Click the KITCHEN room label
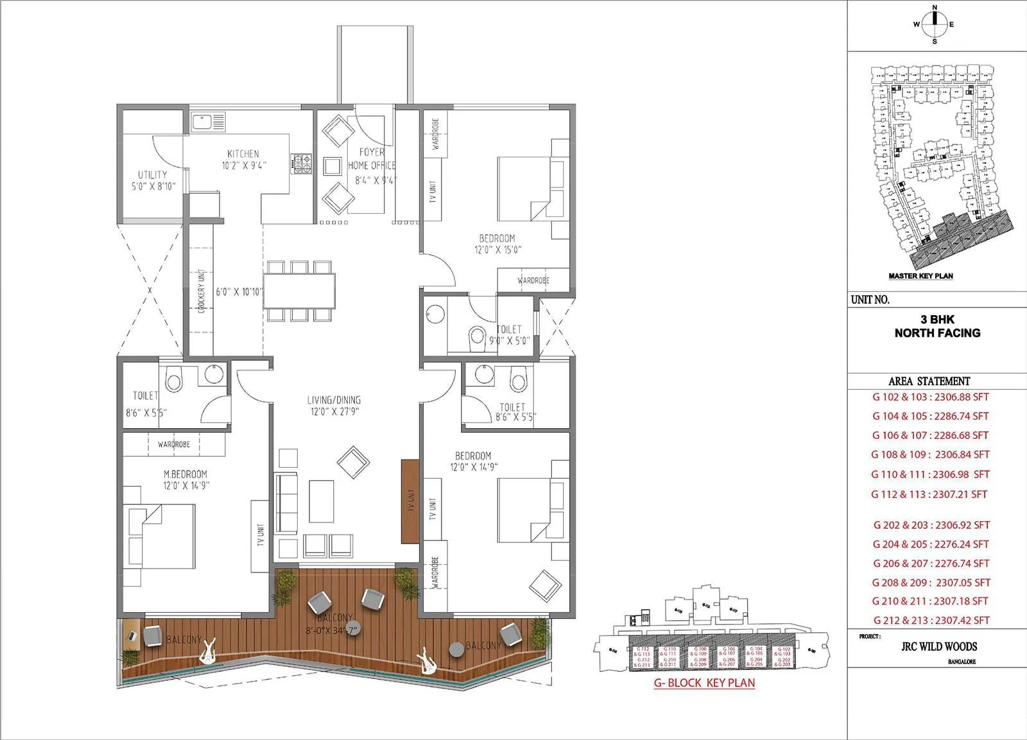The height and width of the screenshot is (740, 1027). click(x=243, y=154)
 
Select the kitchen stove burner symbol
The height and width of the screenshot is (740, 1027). click(x=302, y=163)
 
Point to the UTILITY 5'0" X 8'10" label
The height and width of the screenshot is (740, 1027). click(x=152, y=180)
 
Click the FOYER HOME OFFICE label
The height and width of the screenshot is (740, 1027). click(x=371, y=159)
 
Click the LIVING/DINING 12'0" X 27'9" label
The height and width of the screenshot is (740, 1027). click(x=333, y=406)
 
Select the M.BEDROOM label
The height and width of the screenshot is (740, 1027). click(x=186, y=474)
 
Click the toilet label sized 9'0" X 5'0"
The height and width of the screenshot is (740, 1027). click(x=509, y=335)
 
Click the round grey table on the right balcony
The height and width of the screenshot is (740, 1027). click(x=456, y=649)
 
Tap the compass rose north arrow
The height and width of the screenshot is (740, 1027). click(x=935, y=24)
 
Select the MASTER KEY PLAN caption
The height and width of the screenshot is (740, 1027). click(x=920, y=276)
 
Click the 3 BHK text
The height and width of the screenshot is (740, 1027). click(x=937, y=320)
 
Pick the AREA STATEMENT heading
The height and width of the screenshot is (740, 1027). click(x=929, y=381)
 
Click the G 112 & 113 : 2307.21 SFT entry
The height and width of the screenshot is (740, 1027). click(x=929, y=494)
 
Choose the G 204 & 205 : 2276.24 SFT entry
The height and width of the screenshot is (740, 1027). click(x=930, y=544)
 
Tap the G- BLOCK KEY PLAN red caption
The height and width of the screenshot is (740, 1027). click(x=704, y=683)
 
